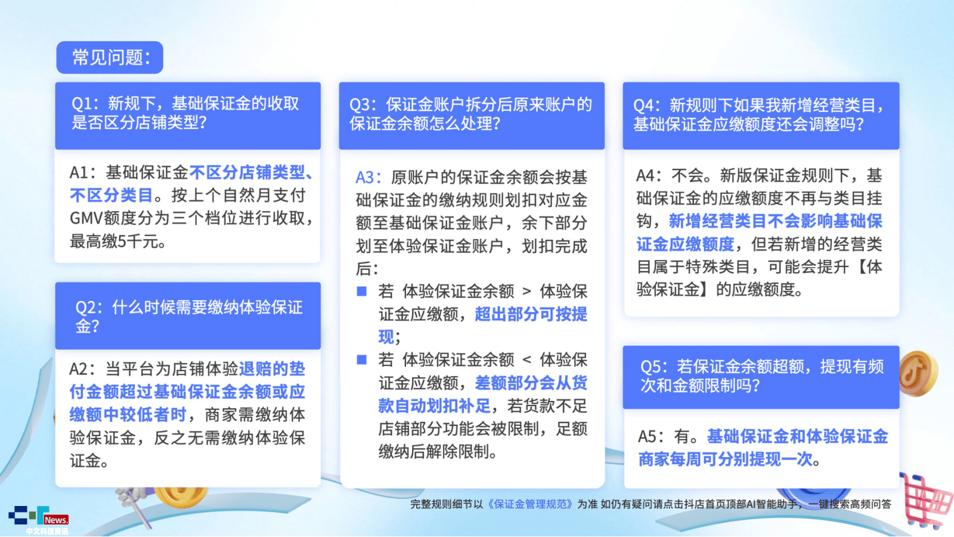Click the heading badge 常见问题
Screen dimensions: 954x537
coord(110,57)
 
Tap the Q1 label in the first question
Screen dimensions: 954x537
coord(82,104)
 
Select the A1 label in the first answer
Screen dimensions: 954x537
coord(79,172)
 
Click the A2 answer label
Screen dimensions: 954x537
coord(79,369)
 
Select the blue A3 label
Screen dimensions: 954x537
coord(366,177)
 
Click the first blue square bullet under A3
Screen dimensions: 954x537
coord(361,291)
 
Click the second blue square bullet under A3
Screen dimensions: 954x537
coord(361,360)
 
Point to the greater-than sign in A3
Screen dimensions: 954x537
coord(527,292)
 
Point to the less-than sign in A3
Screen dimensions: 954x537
coord(527,360)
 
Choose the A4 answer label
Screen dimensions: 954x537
coord(645,175)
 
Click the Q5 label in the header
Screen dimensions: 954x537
coord(651,366)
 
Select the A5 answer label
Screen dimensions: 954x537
coord(647,436)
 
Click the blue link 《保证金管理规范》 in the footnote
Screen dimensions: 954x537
coord(530,504)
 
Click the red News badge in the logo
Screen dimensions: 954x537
coord(56,520)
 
